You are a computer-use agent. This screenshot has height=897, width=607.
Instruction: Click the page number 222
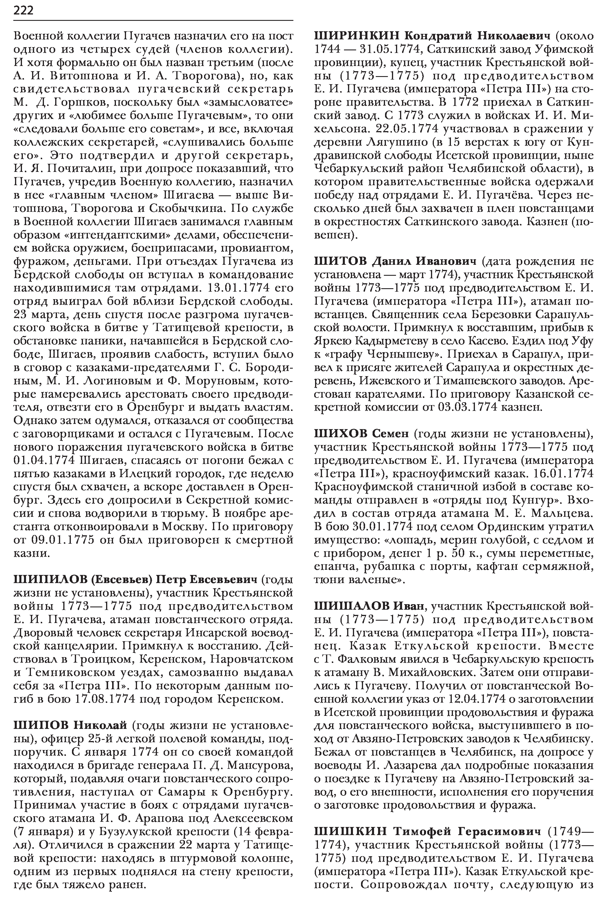tap(23, 10)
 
